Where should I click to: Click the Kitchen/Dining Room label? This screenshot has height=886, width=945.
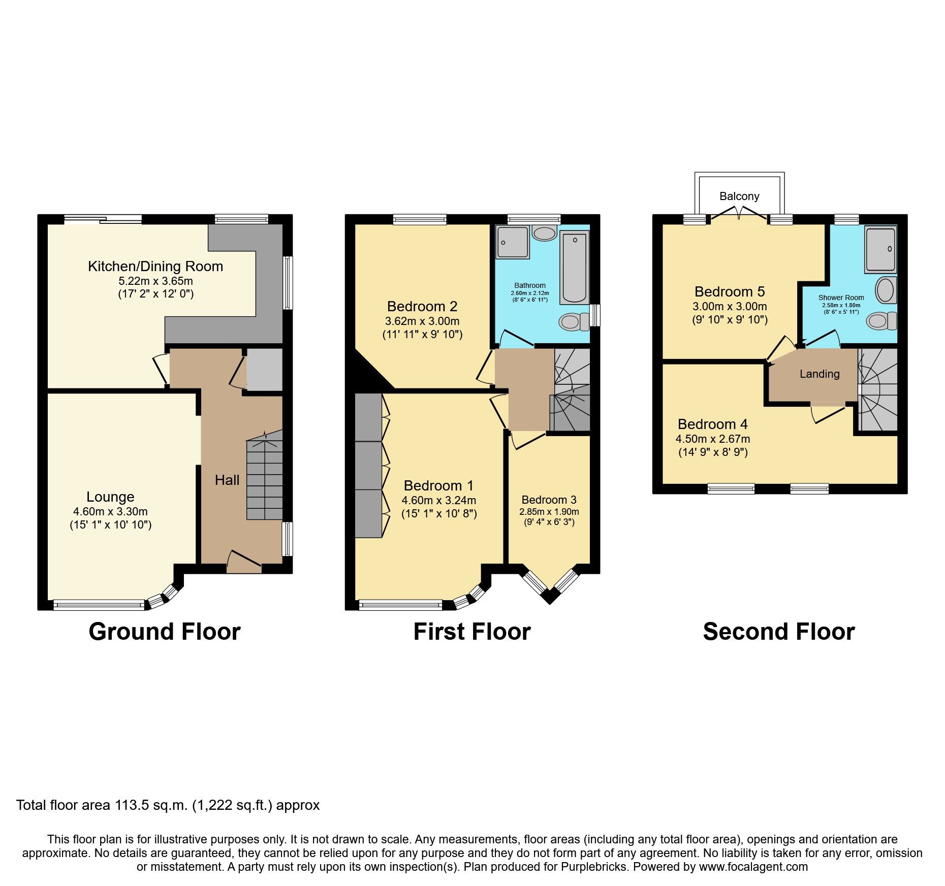tap(155, 266)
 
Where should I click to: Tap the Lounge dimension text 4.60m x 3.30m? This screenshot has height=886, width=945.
tap(110, 511)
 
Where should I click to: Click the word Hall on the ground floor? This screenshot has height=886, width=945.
tap(227, 480)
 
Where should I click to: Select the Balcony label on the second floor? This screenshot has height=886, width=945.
tap(739, 196)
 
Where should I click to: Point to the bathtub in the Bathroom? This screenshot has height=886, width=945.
tap(574, 268)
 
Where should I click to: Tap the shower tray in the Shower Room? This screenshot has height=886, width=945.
tap(881, 250)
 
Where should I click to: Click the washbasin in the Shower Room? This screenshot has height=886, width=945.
tap(886, 290)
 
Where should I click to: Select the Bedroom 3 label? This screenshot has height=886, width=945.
tap(549, 500)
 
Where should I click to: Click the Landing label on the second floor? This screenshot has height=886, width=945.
tap(820, 374)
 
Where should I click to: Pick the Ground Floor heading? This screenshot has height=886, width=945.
tap(164, 632)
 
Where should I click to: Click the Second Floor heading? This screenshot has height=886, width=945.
tap(778, 632)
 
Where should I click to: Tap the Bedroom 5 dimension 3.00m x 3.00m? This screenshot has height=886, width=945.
tap(730, 306)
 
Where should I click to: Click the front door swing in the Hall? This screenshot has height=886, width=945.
tap(244, 562)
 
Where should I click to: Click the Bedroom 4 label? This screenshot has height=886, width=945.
tap(712, 424)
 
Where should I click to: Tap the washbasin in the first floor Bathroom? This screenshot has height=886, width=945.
tap(545, 234)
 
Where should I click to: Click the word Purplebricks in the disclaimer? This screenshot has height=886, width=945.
tap(593, 867)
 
